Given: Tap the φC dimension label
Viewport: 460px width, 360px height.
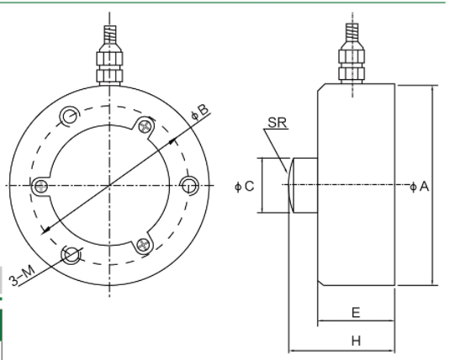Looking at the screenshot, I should pyautogui.click(x=246, y=186).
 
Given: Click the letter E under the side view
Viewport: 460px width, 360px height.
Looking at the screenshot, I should pyautogui.click(x=356, y=312).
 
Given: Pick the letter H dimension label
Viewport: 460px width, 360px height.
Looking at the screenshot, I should pyautogui.click(x=356, y=342).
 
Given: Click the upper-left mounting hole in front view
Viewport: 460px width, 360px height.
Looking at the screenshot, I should pyautogui.click(x=70, y=115).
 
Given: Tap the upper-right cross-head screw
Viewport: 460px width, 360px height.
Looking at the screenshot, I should pyautogui.click(x=148, y=125).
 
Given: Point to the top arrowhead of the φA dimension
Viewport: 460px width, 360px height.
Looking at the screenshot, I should pyautogui.click(x=431, y=89).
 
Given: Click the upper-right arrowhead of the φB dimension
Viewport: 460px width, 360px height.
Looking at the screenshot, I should pyautogui.click(x=177, y=140).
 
